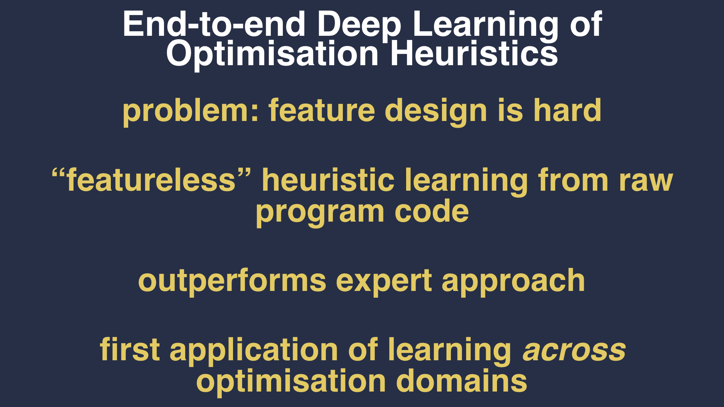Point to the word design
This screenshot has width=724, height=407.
(x=436, y=112)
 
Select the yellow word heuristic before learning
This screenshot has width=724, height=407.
(x=328, y=180)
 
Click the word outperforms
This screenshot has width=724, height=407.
(x=232, y=281)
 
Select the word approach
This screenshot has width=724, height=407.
(x=513, y=281)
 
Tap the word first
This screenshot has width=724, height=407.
(x=130, y=350)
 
